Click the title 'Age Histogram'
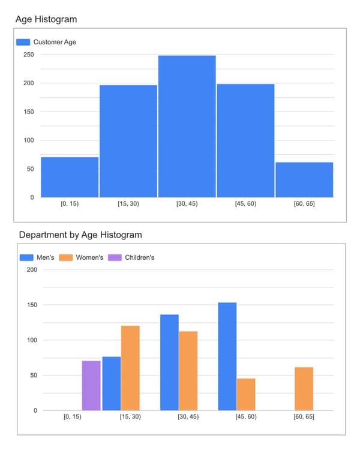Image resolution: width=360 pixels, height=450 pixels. [46, 19]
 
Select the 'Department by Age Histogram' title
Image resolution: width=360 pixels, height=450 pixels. [80, 235]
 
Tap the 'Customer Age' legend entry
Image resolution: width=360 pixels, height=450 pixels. [54, 42]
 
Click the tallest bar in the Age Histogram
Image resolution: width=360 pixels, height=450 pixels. [187, 126]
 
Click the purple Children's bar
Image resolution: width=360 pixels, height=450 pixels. [91, 385]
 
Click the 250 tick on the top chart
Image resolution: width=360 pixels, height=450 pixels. [28, 55]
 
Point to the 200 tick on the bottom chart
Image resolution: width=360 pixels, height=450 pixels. [32, 269]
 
